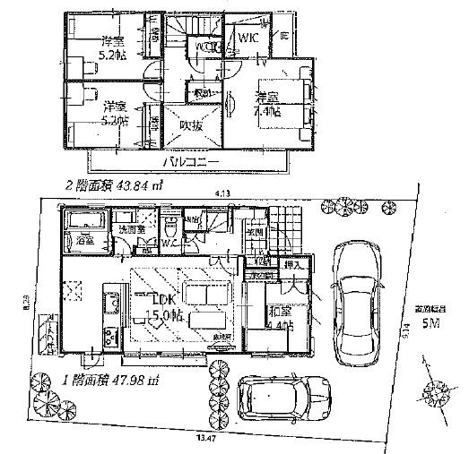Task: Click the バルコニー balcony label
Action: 189,162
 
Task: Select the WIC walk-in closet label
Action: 248,38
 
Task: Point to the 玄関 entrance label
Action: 256,234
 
